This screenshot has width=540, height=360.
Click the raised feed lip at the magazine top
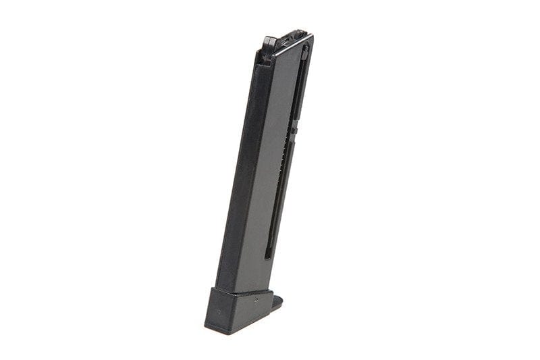click(269, 41)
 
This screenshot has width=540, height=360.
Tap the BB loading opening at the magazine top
click(292, 36)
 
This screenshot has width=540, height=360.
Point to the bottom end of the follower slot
click(269, 256)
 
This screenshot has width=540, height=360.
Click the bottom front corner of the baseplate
click(206, 326)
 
